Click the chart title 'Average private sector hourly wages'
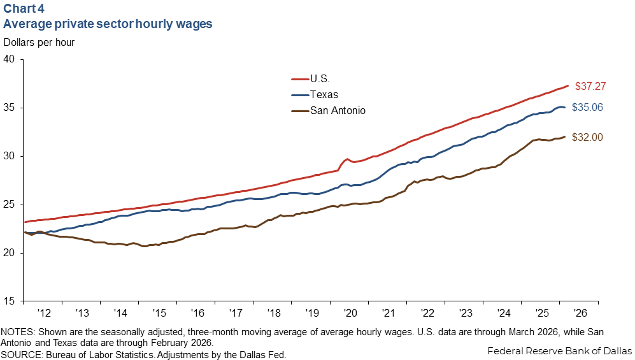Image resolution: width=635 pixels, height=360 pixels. click(x=108, y=24)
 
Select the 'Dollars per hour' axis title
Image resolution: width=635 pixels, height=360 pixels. click(x=39, y=43)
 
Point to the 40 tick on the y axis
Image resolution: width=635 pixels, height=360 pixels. click(x=12, y=59)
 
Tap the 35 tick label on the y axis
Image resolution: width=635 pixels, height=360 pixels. click(x=12, y=108)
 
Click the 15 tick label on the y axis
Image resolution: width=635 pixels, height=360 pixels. click(x=12, y=301)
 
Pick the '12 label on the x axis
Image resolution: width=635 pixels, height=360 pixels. click(x=43, y=313)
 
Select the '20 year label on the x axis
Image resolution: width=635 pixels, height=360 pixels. click(x=350, y=313)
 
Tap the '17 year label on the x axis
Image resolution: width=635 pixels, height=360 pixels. click(x=235, y=313)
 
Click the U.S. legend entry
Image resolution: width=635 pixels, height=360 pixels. click(x=320, y=79)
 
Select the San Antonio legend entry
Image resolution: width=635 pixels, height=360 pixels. click(x=338, y=110)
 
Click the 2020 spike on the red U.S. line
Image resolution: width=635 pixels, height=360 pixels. click(x=346, y=159)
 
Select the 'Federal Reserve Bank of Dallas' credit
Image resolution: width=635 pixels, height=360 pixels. click(x=559, y=350)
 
